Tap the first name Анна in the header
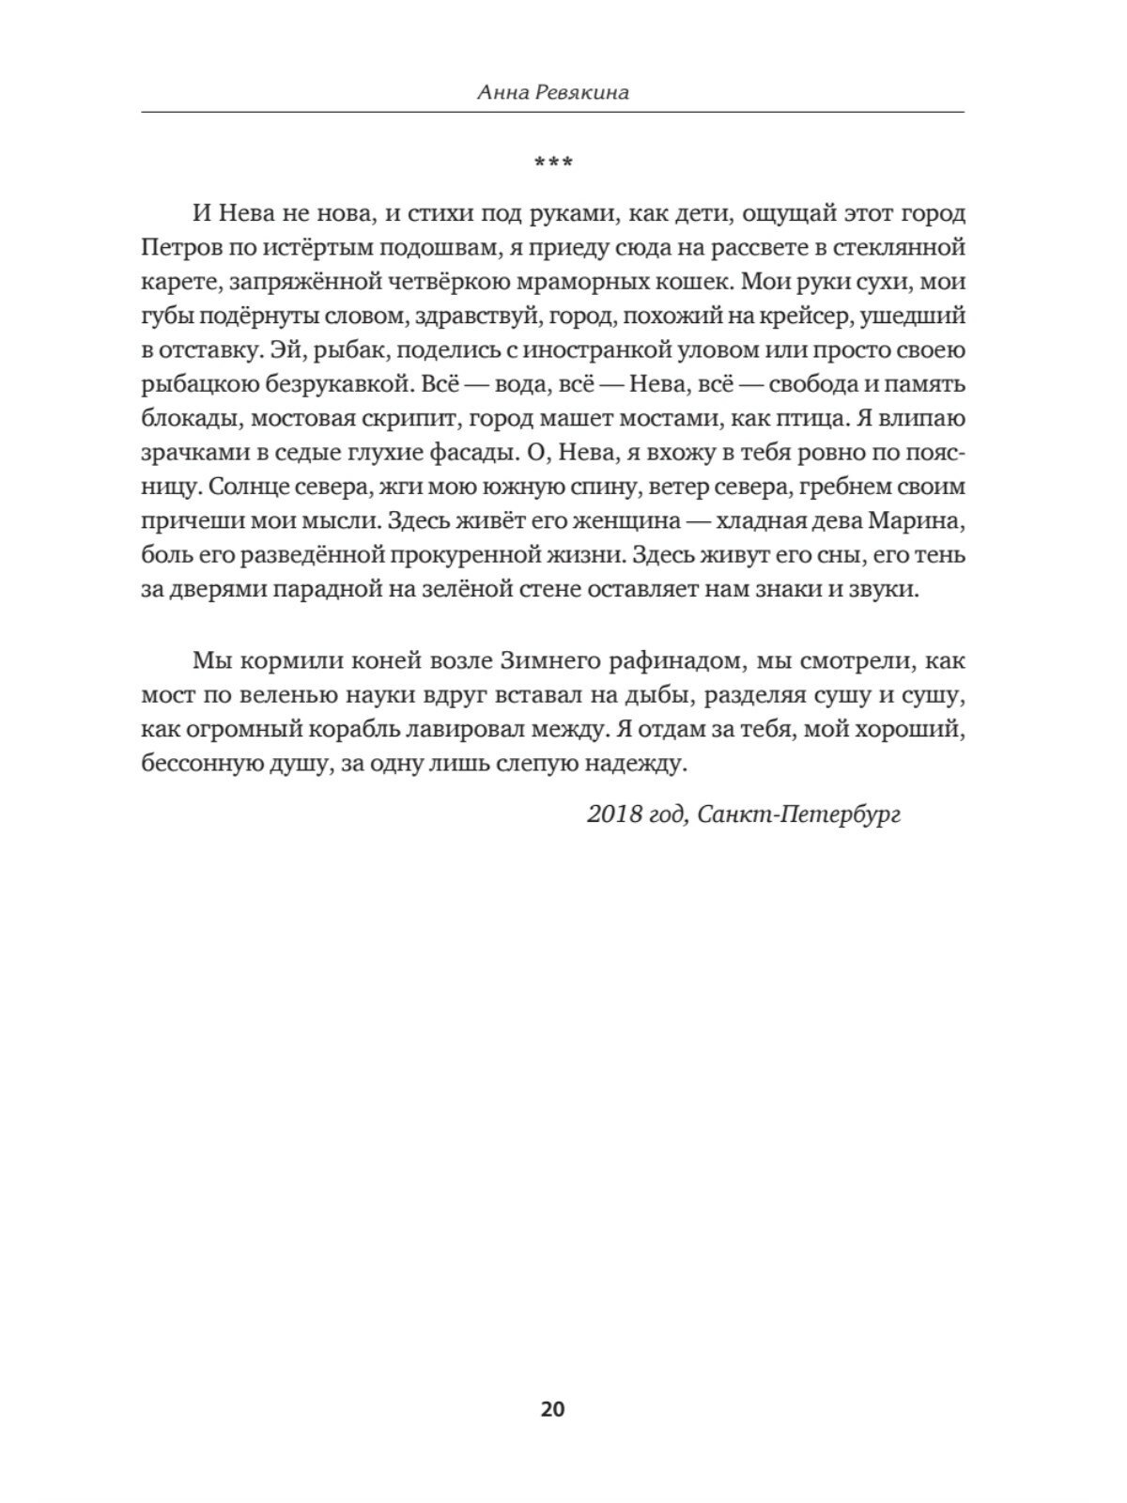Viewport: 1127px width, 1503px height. click(504, 91)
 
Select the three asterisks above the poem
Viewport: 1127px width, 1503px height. click(552, 163)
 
